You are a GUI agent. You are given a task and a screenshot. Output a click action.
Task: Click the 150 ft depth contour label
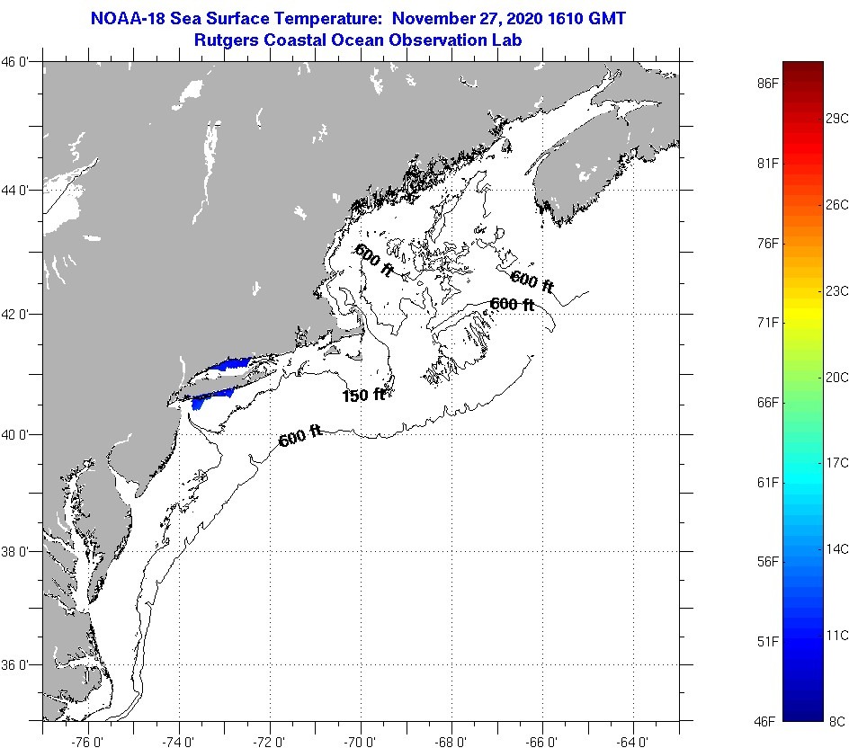tap(363, 395)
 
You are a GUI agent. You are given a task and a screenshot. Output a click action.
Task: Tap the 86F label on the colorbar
tap(767, 83)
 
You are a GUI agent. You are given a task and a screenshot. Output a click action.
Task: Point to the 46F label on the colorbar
tap(767, 721)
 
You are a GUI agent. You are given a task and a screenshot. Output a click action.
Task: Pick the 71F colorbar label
tap(767, 322)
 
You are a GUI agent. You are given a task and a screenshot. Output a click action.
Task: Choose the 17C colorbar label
tap(836, 462)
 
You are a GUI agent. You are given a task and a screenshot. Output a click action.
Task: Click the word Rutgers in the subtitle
tap(225, 40)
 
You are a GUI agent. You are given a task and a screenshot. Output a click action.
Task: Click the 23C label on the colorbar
tap(836, 290)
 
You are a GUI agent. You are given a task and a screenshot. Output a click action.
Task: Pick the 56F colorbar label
tap(767, 562)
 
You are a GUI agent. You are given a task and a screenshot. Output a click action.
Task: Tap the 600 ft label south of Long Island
tap(300, 438)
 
